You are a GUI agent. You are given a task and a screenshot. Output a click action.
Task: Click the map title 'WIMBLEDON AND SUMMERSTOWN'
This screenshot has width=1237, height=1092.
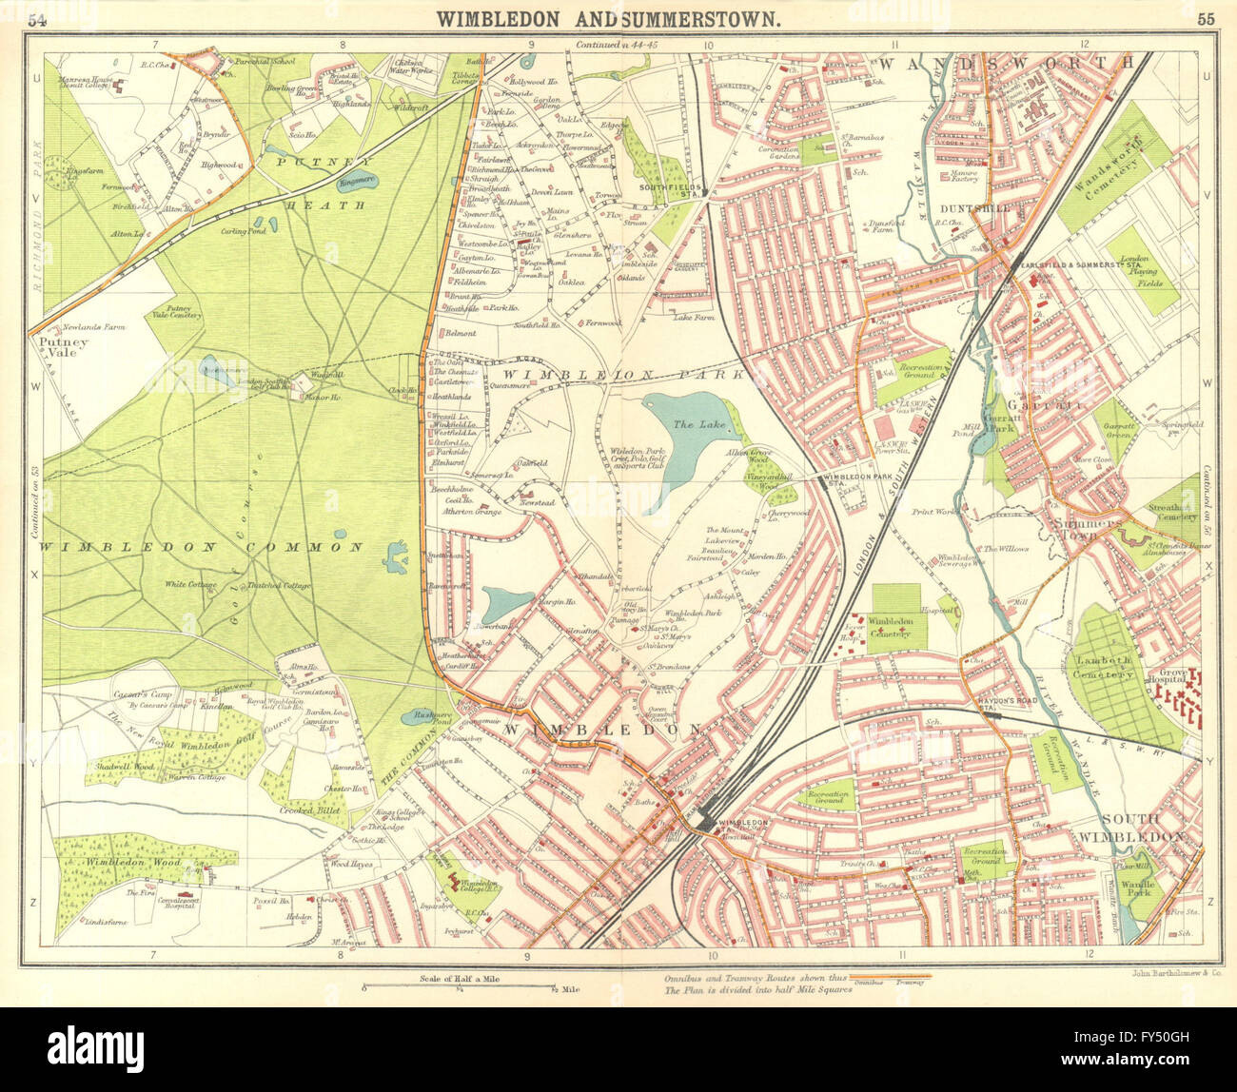coord(610,18)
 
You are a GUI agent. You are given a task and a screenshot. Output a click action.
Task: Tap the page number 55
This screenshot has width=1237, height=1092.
coord(1206,19)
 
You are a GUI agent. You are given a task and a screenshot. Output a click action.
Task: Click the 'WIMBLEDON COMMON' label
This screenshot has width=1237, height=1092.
coord(201,547)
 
